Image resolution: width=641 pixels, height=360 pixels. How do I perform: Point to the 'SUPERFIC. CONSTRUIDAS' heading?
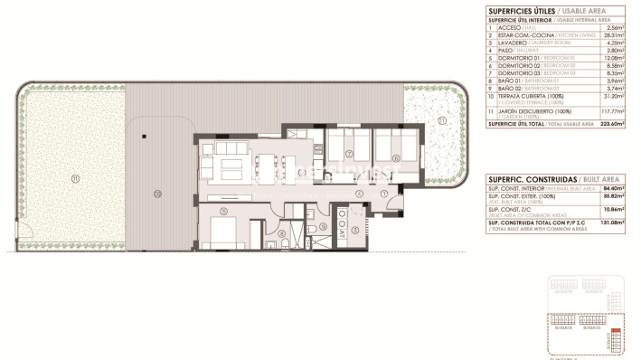522,180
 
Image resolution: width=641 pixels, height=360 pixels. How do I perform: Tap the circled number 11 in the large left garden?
75,178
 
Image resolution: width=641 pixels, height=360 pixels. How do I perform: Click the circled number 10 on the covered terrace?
157,193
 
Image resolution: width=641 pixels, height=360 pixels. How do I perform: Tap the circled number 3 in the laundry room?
356,229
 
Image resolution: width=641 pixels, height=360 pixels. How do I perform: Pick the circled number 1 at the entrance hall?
384,193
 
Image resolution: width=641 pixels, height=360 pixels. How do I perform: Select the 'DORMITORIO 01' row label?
514,57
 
